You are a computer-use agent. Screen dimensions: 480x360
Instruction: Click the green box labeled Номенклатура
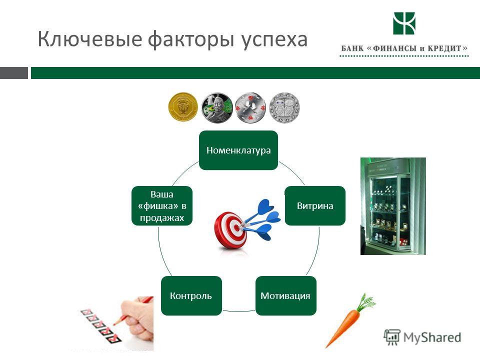[238, 150]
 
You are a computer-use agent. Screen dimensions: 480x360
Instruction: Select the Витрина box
[315, 205]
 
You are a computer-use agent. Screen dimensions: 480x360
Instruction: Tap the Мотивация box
[285, 295]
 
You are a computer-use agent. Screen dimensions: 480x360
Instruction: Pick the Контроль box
[191, 295]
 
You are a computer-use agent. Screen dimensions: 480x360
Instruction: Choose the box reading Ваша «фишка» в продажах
[162, 205]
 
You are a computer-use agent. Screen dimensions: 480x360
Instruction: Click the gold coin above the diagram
[183, 107]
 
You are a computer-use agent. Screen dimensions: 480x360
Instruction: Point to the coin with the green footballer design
[217, 108]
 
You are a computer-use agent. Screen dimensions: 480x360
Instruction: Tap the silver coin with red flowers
[250, 108]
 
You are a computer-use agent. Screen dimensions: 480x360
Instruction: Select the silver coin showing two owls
[284, 108]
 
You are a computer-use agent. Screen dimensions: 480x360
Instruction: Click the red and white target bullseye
[231, 230]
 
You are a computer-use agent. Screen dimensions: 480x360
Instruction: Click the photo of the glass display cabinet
[393, 206]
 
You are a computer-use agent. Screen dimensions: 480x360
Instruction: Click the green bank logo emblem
[404, 23]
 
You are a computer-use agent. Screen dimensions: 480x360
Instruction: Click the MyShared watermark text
[432, 337]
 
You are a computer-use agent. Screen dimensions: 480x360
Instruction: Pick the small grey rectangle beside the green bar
[14, 73]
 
